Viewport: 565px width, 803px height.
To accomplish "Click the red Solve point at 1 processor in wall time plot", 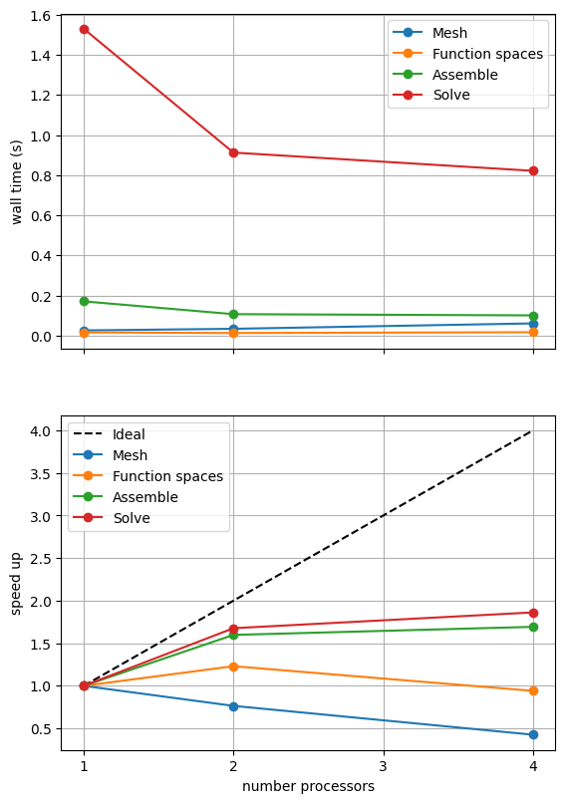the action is coord(84,29).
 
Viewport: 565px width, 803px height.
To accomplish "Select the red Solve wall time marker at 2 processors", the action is coord(233,152).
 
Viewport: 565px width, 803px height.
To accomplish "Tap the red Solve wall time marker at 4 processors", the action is coord(533,170).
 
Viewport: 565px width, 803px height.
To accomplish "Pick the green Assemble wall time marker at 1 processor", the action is coord(84,301).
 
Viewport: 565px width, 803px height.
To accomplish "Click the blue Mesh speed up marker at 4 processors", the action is coord(533,734).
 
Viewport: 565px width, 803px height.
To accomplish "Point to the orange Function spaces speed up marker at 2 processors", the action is coord(233,667).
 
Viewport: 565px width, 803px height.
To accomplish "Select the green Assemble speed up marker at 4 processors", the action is coord(533,627).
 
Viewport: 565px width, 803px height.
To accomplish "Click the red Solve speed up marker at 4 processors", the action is coord(533,613).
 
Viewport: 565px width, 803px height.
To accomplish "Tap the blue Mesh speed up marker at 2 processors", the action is coord(233,706).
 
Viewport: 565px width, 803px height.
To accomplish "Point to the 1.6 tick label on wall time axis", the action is coord(41,16).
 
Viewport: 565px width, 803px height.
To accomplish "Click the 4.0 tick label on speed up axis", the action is coord(41,431).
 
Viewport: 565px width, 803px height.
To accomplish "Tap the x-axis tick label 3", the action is coord(384,766).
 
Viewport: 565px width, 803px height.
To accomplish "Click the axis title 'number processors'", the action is coord(308,786).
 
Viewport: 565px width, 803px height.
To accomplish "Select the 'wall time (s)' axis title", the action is coord(16,181).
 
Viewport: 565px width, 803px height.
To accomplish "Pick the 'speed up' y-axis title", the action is coord(16,583).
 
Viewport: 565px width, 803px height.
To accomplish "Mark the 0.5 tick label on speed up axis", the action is coord(41,728).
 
